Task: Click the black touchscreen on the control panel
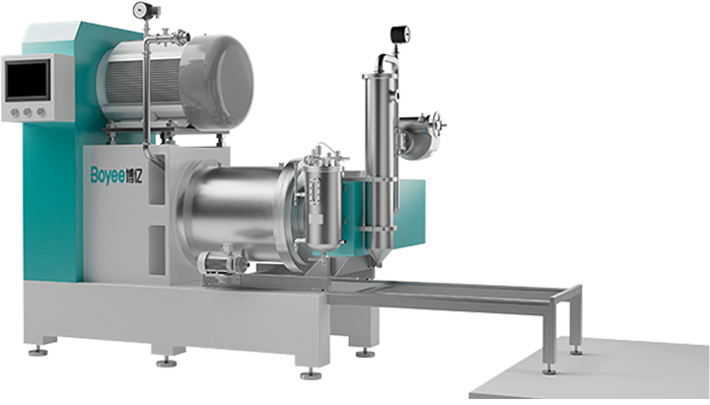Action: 28,80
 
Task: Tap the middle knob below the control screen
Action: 28,111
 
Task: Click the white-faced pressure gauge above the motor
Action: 141,9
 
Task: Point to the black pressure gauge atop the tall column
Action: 400,34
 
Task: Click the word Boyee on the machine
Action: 107,175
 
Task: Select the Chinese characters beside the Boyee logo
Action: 134,175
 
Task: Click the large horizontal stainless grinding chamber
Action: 236,212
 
